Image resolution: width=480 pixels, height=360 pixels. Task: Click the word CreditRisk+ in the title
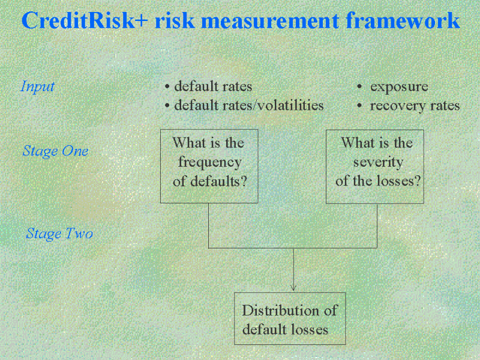pyautogui.click(x=85, y=20)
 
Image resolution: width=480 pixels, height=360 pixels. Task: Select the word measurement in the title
pyautogui.click(x=269, y=21)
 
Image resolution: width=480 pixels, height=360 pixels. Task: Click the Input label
pyautogui.click(x=38, y=86)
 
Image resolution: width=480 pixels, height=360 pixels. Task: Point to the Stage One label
pyautogui.click(x=56, y=151)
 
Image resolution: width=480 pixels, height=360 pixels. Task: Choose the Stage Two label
pyautogui.click(x=59, y=233)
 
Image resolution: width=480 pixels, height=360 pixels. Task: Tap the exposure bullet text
pyautogui.click(x=399, y=87)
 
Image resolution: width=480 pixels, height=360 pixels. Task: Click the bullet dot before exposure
pyautogui.click(x=359, y=87)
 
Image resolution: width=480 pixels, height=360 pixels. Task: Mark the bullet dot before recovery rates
pyautogui.click(x=359, y=106)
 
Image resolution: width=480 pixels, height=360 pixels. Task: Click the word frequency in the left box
pyautogui.click(x=210, y=163)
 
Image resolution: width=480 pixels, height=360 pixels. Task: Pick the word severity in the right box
pyautogui.click(x=379, y=163)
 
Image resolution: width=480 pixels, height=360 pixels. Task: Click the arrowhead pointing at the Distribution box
pyautogui.click(x=293, y=287)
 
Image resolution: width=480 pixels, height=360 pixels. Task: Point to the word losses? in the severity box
pyautogui.click(x=399, y=181)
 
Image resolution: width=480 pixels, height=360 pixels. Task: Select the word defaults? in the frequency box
pyautogui.click(x=218, y=181)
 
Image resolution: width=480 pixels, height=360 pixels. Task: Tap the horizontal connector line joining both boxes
pyautogui.click(x=293, y=248)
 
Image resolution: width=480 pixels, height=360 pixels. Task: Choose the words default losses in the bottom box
pyautogui.click(x=286, y=329)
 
